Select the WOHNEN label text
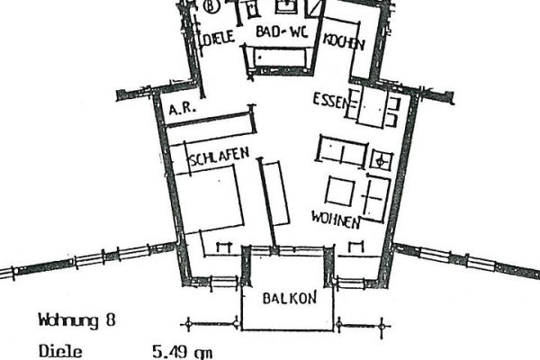[336, 220]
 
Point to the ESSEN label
[329, 99]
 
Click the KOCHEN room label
[344, 41]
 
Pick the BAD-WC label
[281, 33]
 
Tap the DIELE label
[218, 38]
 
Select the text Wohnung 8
[76, 319]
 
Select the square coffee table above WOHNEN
[341, 192]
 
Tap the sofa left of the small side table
[343, 152]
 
